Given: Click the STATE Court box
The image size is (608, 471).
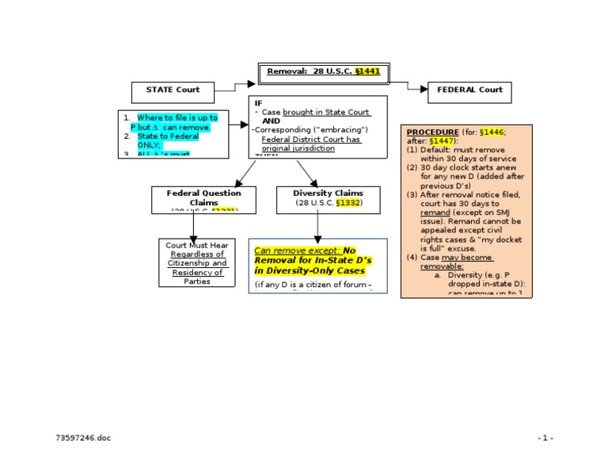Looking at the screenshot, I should pos(173,90).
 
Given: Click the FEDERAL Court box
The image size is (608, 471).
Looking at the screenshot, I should pos(469,90).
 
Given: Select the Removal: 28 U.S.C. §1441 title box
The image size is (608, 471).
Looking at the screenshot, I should pos(323,72).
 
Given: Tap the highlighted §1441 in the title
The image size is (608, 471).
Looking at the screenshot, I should pos(367,71).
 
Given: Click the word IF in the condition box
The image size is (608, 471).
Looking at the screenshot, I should pos(258,103).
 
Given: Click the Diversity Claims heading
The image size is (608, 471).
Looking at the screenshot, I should pos(328,193).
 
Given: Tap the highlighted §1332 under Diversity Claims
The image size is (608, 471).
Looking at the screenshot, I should pos(348,203).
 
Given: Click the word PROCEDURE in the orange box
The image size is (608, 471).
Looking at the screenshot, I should pos(432,132).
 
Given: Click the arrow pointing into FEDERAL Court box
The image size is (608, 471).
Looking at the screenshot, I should pos(418,88).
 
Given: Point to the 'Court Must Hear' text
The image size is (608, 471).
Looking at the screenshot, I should pos(196,245).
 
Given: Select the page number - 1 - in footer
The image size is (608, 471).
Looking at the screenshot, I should pos(545,438).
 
